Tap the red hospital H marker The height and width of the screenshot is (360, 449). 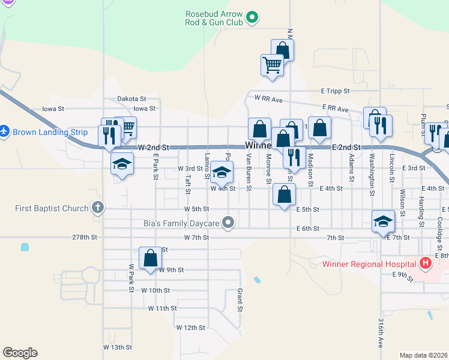pos(426,263)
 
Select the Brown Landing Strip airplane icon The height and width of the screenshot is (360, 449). pos(4,130)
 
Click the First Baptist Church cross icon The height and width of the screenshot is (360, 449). pos(98,208)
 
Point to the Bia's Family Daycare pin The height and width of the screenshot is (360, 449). pos(228,223)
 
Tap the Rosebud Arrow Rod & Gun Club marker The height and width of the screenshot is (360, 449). pos(253,17)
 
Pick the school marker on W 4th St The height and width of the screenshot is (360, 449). pos(221,173)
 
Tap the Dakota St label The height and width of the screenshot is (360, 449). pos(131,98)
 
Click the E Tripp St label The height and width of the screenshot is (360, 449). pos(335,91)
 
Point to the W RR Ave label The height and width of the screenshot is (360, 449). pos(268,98)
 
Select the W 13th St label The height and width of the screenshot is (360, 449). pos(117,347)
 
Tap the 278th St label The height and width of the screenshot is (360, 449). pos(85,238)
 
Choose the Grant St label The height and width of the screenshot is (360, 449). pos(239,300)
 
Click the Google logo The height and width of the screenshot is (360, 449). pos(20,353)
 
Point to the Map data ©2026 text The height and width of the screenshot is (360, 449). pos(423,355)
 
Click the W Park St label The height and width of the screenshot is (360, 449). pos(130,278)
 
